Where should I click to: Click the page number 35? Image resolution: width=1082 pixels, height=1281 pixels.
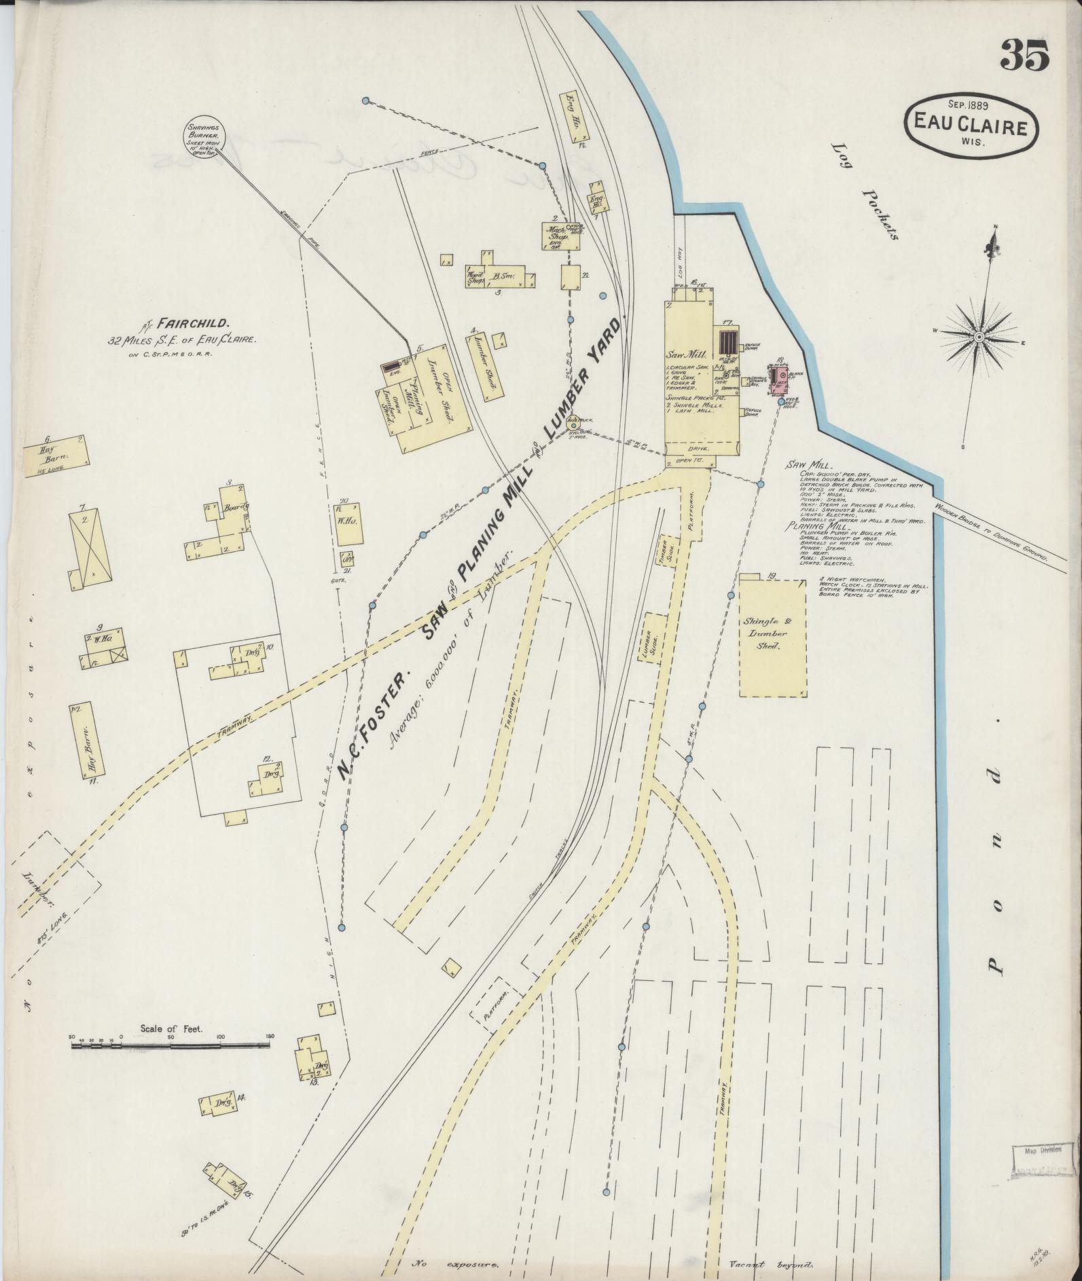click(1024, 56)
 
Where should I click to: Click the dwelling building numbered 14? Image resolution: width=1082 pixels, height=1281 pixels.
click(219, 1102)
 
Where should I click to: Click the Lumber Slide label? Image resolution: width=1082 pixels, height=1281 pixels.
click(656, 636)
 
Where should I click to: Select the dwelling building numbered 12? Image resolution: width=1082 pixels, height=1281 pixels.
click(266, 777)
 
